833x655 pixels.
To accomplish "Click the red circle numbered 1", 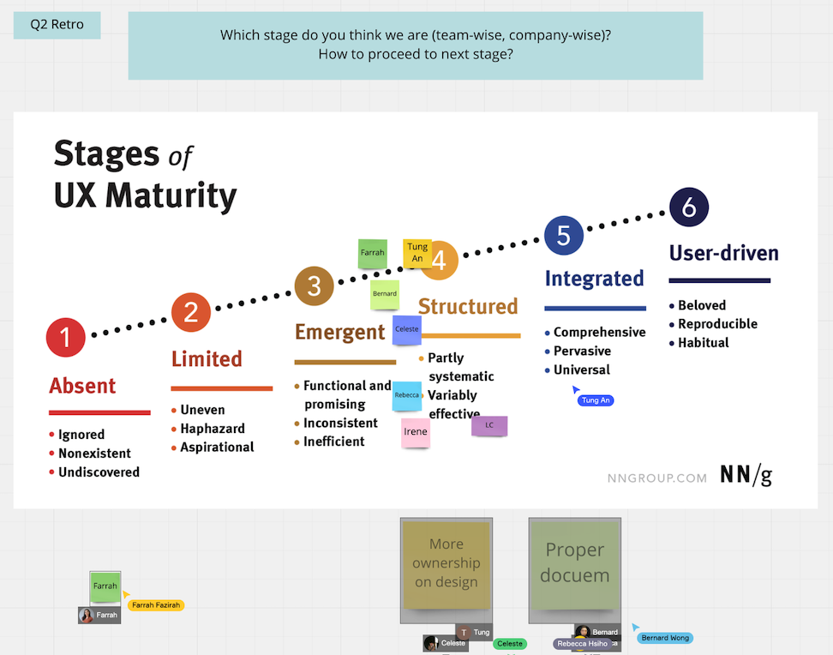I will (x=66, y=338).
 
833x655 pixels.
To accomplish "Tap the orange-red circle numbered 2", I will (x=190, y=312).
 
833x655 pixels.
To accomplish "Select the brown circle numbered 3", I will (x=314, y=286).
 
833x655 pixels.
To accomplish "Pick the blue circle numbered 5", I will (x=564, y=236).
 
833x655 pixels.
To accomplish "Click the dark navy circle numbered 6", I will (x=689, y=207).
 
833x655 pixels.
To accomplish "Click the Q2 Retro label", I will (x=57, y=25).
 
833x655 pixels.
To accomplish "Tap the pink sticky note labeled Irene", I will (x=416, y=432).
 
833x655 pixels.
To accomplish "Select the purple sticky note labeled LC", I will (x=489, y=425).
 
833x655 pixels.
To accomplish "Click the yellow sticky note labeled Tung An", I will (x=417, y=253).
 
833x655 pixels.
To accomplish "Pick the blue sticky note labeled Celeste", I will (x=407, y=329).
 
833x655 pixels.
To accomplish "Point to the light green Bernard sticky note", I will (x=385, y=294).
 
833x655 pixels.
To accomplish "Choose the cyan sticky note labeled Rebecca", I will (x=407, y=395).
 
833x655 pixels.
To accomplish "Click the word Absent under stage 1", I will (x=82, y=386).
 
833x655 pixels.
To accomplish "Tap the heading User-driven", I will (x=723, y=253).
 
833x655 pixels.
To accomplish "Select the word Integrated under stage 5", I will (x=594, y=279).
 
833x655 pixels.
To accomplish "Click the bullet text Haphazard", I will (x=213, y=429).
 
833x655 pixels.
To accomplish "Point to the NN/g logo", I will (x=746, y=476).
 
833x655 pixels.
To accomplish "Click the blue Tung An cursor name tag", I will (x=596, y=400).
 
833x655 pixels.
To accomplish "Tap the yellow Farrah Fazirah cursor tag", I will (x=156, y=605).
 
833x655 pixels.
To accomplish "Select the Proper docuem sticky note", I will (x=574, y=562).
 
